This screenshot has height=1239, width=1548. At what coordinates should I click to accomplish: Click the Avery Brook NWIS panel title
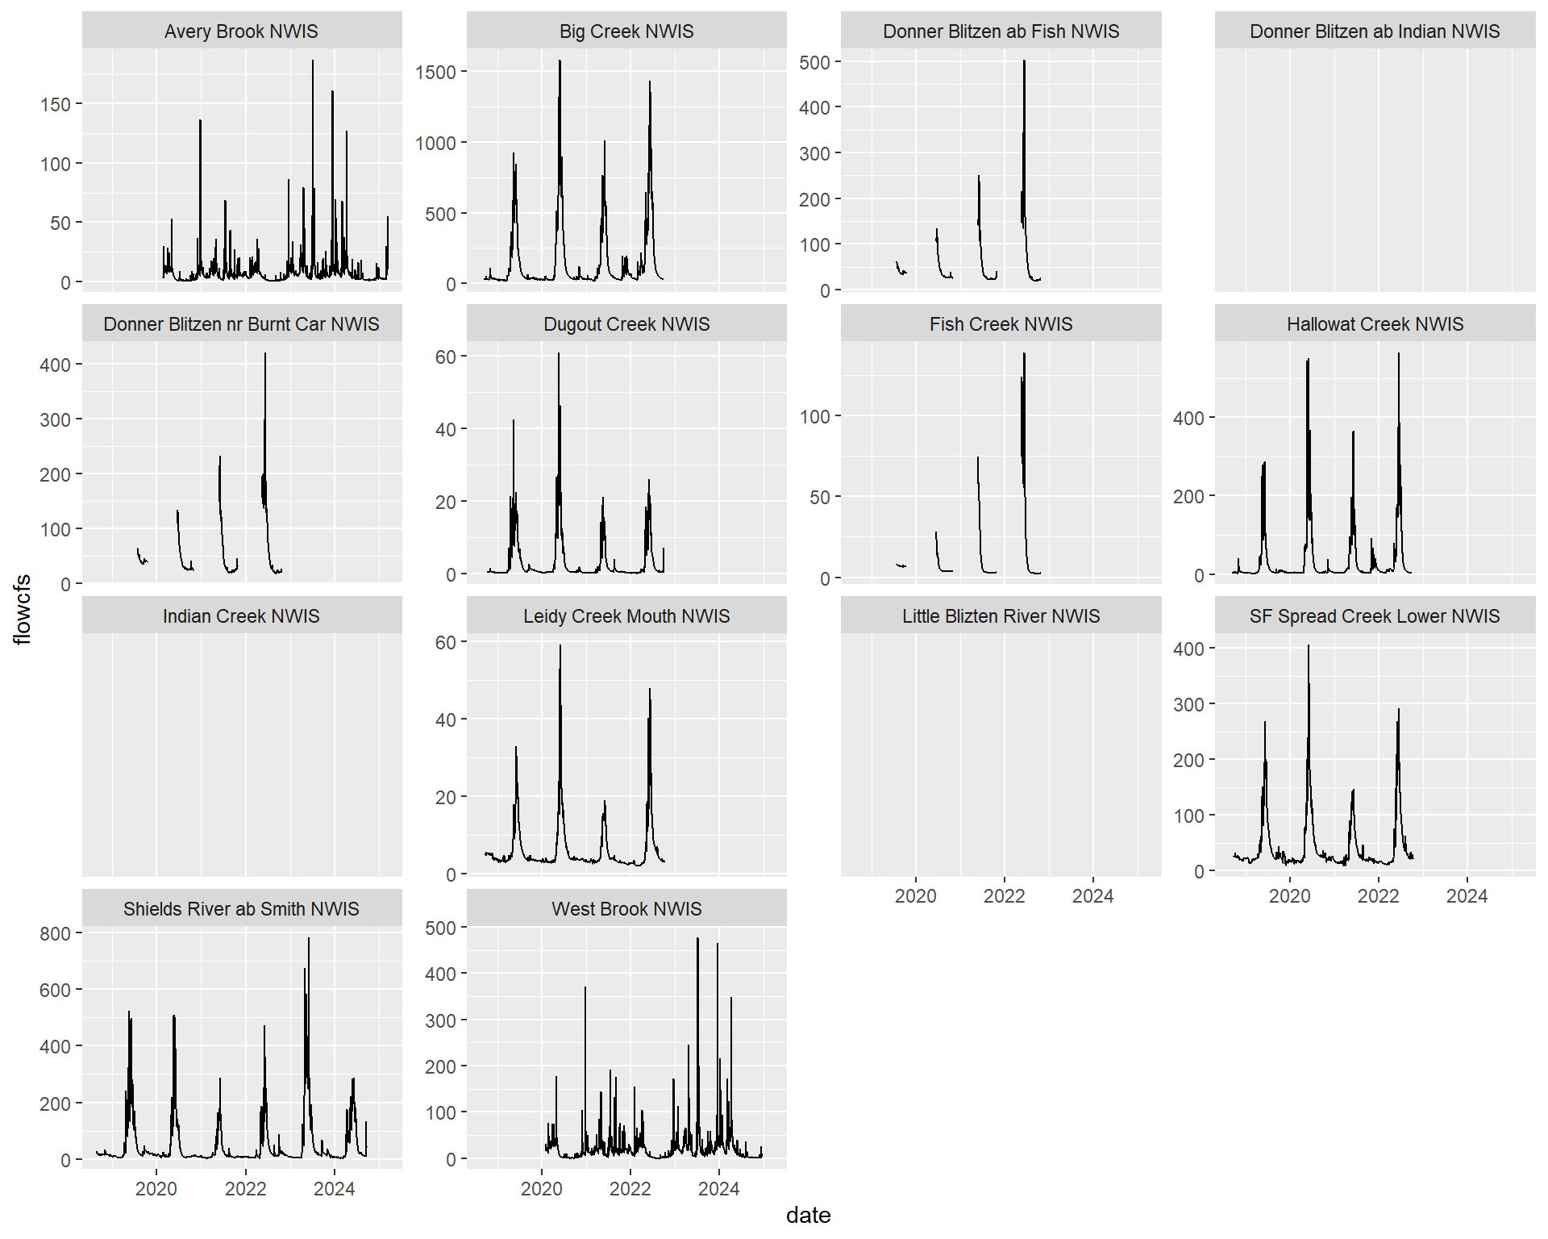click(x=241, y=31)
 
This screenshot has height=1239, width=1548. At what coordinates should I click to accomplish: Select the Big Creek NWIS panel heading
click(x=626, y=31)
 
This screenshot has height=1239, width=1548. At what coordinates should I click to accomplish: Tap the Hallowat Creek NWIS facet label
click(x=1375, y=324)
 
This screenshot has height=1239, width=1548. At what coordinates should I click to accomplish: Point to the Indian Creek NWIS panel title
click(x=241, y=616)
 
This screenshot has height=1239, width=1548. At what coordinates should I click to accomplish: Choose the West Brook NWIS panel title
click(x=626, y=909)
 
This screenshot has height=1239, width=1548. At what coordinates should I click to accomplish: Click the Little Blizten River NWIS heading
click(x=1001, y=616)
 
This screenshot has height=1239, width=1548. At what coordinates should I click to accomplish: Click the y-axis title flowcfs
click(x=23, y=609)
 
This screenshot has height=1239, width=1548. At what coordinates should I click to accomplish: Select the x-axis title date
click(x=808, y=1216)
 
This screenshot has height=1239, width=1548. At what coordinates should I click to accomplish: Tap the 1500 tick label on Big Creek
click(x=435, y=73)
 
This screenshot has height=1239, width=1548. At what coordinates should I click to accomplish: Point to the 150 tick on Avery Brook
click(x=56, y=105)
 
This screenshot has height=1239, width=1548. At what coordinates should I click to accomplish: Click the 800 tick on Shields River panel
click(x=55, y=934)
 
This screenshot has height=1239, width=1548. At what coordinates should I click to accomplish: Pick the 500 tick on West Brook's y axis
click(x=440, y=928)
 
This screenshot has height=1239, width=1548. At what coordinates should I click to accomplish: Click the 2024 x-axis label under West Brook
click(x=718, y=1189)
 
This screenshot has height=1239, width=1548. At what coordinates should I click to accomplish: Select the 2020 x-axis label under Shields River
click(x=156, y=1189)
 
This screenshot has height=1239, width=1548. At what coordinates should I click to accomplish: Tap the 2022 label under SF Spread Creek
click(x=1378, y=896)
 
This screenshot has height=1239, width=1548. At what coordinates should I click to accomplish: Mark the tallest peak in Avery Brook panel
click(x=313, y=61)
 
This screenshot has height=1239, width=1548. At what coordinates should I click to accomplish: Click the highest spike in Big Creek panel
click(x=560, y=61)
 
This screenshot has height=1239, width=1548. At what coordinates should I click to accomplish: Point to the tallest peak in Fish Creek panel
click(x=1024, y=354)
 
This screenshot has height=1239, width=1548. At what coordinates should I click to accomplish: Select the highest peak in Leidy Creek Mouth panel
click(x=560, y=646)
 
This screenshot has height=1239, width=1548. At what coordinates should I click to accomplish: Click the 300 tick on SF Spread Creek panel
click(x=1188, y=705)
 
